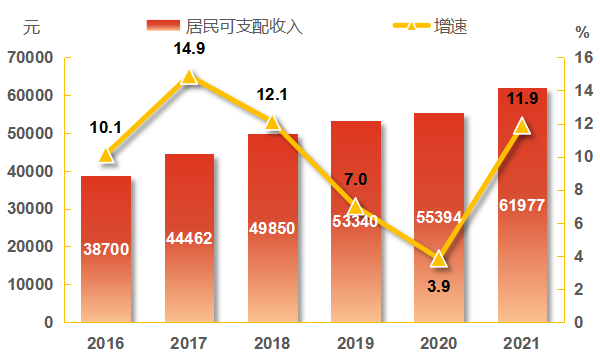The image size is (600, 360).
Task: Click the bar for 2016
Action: tap(106, 249)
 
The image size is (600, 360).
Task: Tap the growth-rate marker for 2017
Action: tap(189, 77)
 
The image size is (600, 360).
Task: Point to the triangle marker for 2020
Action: tap(438, 259)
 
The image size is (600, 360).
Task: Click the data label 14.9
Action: tap(189, 50)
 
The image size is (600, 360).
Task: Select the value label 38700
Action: tap(105, 248)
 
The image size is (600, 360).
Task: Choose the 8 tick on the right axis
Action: tap(579, 190)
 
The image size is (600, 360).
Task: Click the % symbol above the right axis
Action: tap(582, 31)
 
